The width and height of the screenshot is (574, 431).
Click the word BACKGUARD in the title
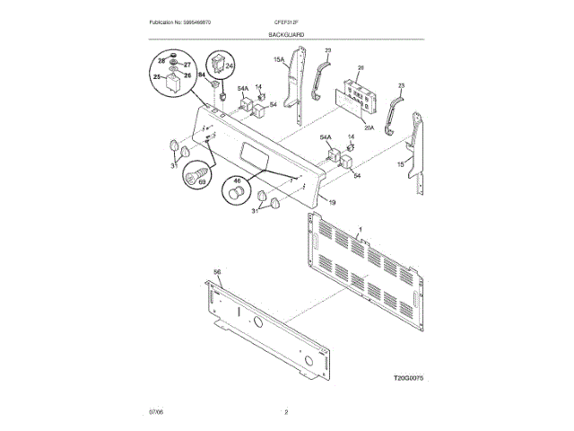click(x=286, y=34)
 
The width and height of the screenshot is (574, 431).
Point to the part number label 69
click(x=201, y=183)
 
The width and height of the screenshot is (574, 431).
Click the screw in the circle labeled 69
click(x=193, y=174)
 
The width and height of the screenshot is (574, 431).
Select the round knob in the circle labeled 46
click(x=238, y=194)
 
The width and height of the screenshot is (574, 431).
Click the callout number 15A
click(x=280, y=61)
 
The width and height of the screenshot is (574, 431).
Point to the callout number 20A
click(x=369, y=128)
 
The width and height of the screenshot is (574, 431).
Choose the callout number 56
click(x=216, y=271)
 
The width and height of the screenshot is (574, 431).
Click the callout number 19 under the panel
click(x=332, y=202)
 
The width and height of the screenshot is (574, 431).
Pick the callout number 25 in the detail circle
click(x=158, y=78)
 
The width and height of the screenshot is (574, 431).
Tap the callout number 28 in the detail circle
click(x=162, y=57)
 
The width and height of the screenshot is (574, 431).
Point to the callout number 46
click(x=238, y=180)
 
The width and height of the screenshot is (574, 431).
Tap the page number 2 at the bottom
click(x=286, y=411)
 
